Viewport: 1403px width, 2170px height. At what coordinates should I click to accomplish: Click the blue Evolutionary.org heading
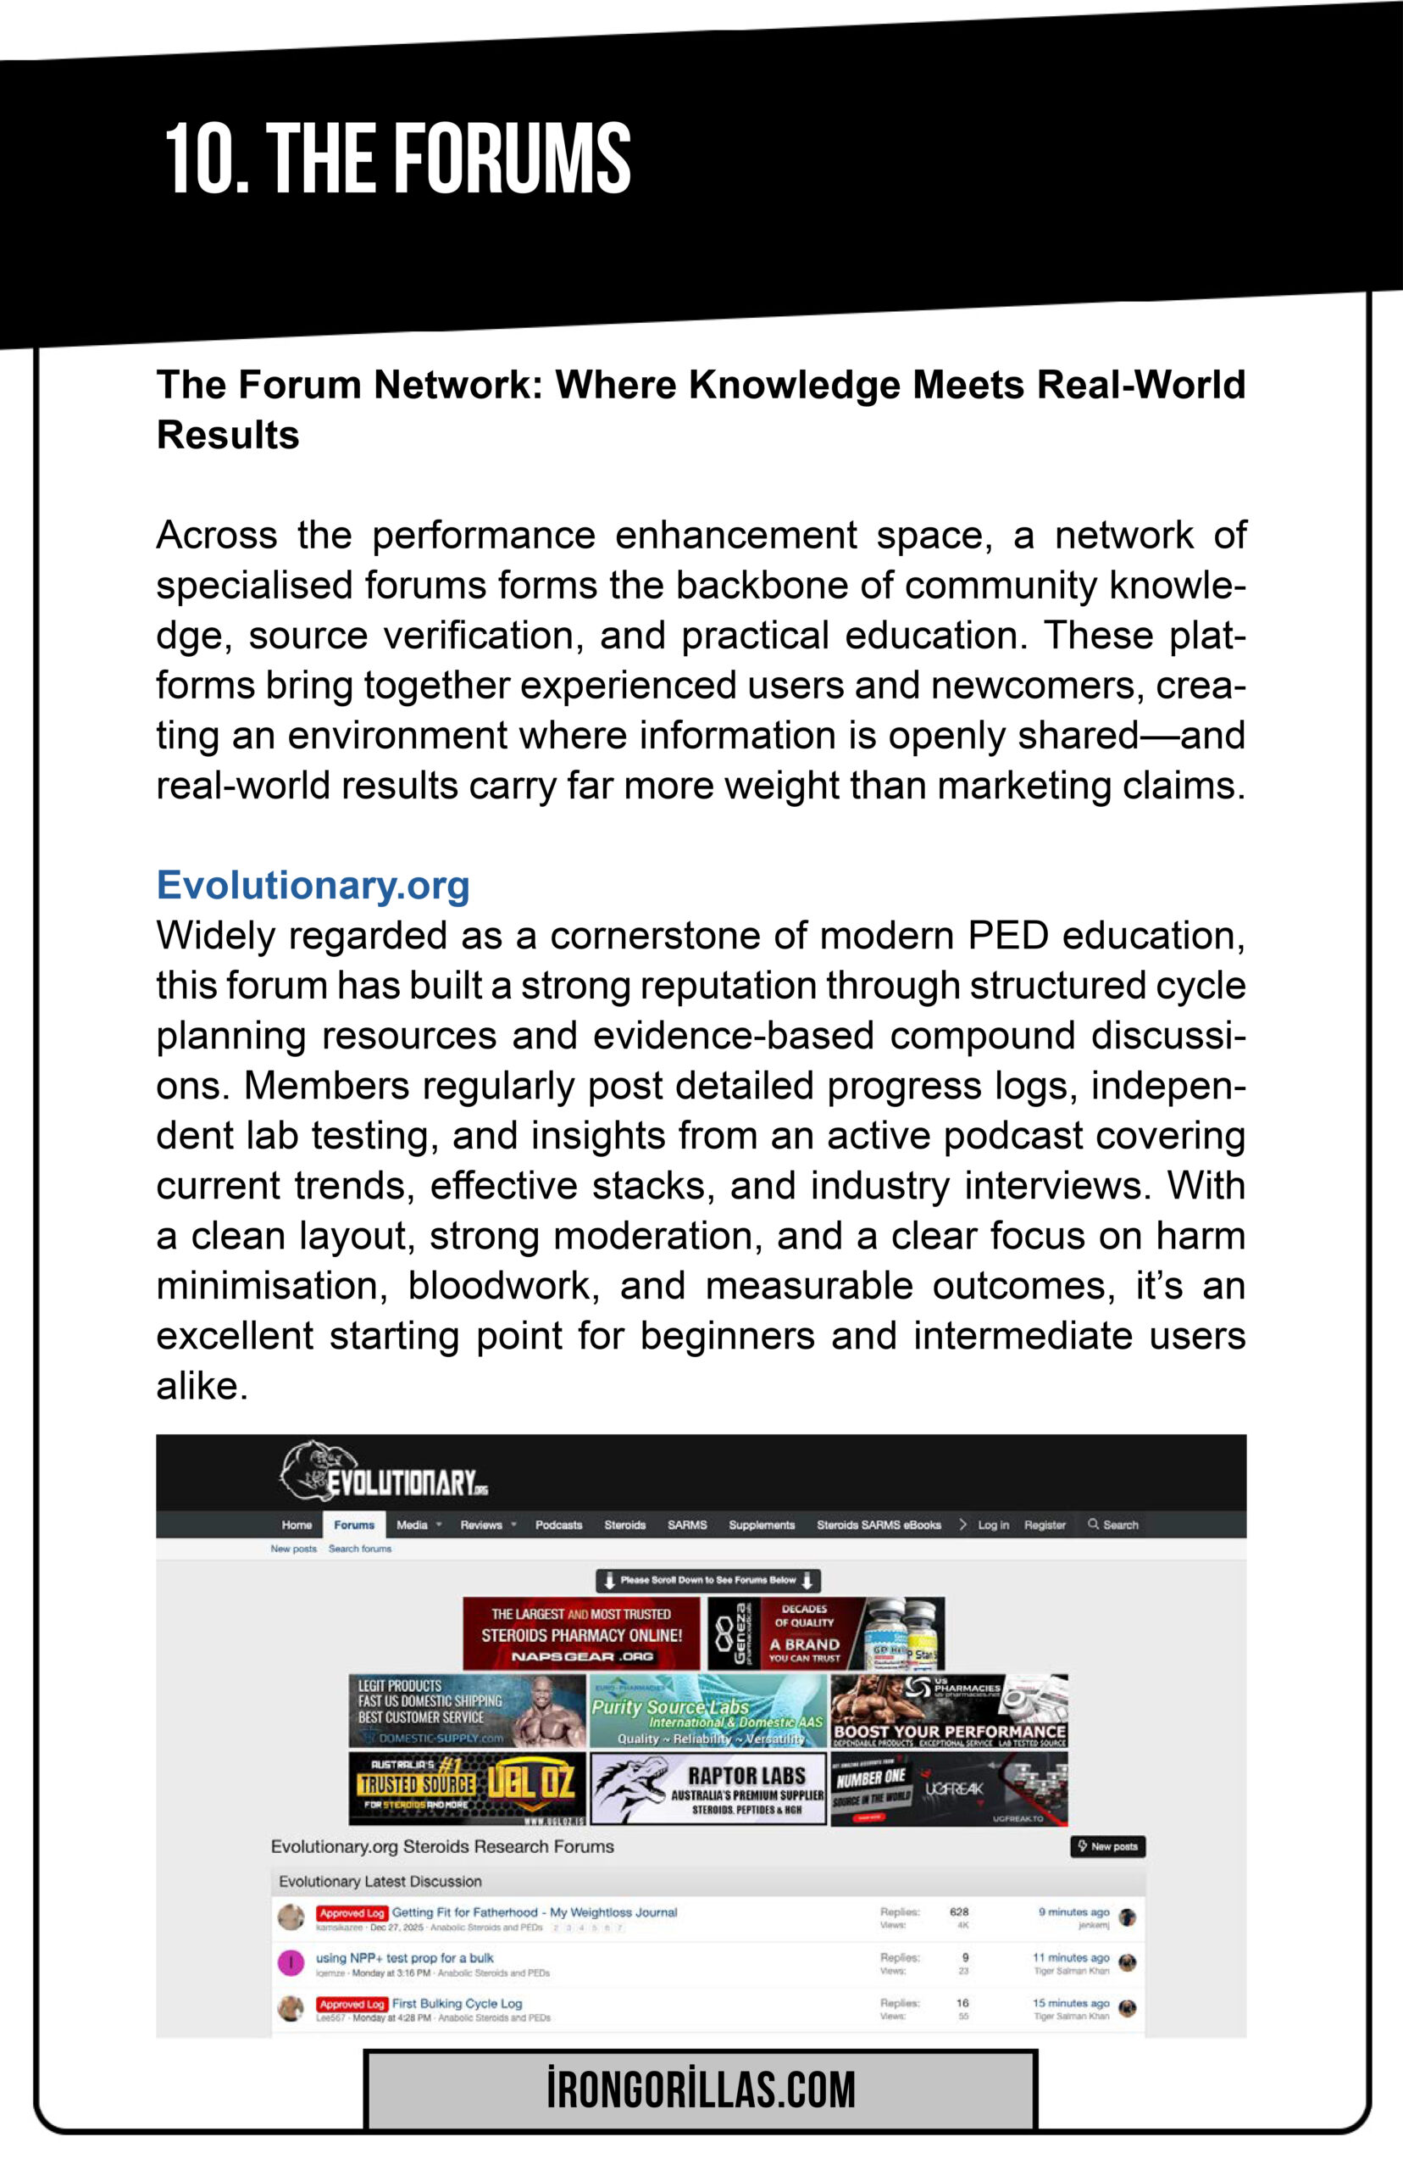pyautogui.click(x=313, y=885)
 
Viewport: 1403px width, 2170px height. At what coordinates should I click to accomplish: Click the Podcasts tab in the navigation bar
pyautogui.click(x=558, y=1525)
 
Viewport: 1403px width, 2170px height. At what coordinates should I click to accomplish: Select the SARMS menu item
pyautogui.click(x=687, y=1525)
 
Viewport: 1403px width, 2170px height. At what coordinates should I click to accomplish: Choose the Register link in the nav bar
pyautogui.click(x=1044, y=1525)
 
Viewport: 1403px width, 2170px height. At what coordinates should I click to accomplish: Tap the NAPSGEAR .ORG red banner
pyautogui.click(x=580, y=1633)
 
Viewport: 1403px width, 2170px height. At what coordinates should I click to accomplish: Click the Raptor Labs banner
pyautogui.click(x=708, y=1789)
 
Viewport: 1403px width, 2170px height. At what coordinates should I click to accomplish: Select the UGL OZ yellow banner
pyautogui.click(x=467, y=1789)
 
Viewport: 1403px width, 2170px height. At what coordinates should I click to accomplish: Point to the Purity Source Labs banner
pyautogui.click(x=708, y=1711)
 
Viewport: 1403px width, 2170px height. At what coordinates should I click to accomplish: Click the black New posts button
pyautogui.click(x=1107, y=1846)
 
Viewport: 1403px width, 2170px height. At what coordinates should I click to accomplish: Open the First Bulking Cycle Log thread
pyautogui.click(x=457, y=2003)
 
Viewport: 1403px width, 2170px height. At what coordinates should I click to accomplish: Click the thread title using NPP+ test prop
pyautogui.click(x=404, y=1957)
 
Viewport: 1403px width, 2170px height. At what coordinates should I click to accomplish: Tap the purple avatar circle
pyautogui.click(x=291, y=1962)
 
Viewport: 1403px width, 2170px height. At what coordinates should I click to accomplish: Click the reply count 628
pyautogui.click(x=958, y=1912)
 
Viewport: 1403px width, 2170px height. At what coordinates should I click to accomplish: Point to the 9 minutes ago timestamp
pyautogui.click(x=1073, y=1912)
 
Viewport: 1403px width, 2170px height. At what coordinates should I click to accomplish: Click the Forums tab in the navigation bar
pyautogui.click(x=353, y=1525)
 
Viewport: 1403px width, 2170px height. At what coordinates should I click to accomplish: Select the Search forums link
pyautogui.click(x=360, y=1549)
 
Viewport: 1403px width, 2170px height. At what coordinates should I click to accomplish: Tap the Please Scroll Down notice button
pyautogui.click(x=708, y=1580)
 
